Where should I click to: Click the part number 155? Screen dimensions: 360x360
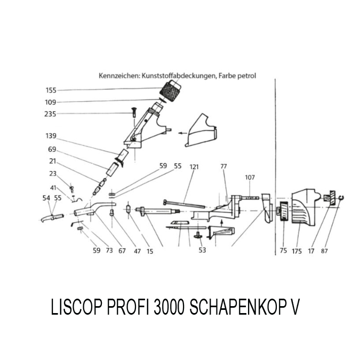tap(51, 91)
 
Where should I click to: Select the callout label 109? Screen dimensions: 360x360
tap(51, 102)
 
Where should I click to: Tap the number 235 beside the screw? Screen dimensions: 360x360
tap(51, 114)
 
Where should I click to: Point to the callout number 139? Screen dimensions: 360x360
tap(51, 136)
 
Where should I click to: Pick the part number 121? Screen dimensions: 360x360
tap(194, 166)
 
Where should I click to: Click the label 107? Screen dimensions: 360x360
tap(250, 177)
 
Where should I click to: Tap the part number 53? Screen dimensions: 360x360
tap(202, 251)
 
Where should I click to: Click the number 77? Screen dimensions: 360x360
tap(223, 166)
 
